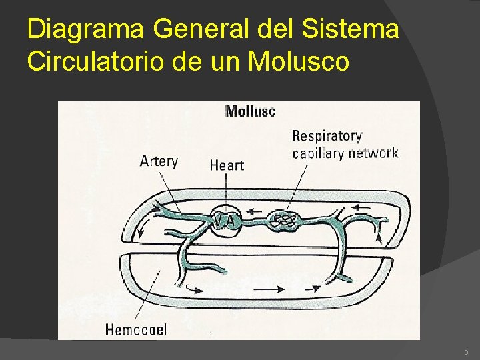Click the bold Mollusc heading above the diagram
(250, 111)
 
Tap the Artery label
(159, 162)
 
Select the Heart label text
(227, 165)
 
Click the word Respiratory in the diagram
(327, 136)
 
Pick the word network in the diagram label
(371, 153)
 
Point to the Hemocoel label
(136, 329)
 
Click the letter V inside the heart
(218, 218)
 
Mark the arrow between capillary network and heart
(255, 213)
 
